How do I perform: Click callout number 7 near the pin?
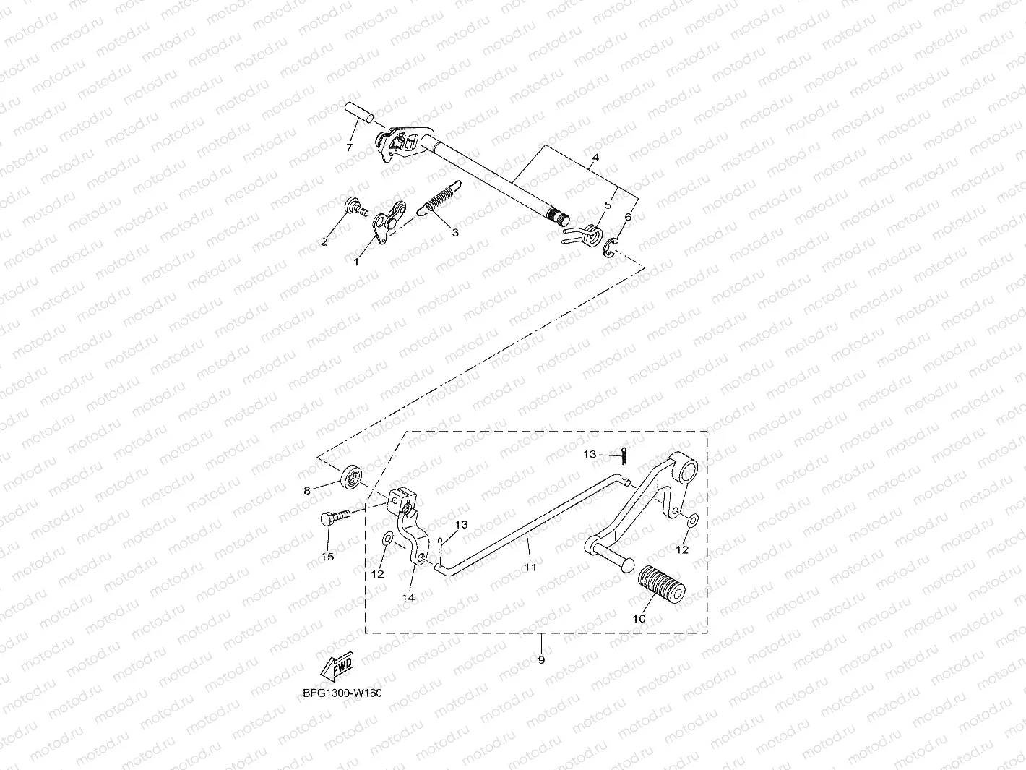349,147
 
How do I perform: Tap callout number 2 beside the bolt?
324,241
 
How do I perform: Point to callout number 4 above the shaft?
595,157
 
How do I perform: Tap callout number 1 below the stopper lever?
356,262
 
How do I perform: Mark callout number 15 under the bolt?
327,557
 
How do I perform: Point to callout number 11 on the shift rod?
530,567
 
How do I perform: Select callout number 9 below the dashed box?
541,659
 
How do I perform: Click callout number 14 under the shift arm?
408,597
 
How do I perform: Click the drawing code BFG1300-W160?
342,693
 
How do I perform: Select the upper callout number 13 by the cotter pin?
590,454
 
